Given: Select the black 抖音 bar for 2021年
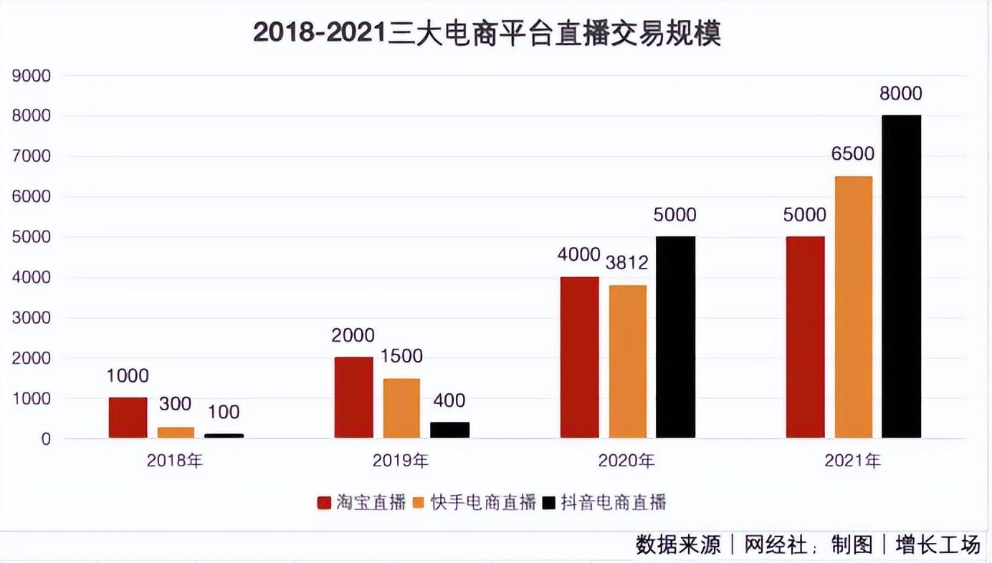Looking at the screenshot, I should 901,276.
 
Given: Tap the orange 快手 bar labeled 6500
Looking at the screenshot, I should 854,307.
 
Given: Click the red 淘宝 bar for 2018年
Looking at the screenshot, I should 128,418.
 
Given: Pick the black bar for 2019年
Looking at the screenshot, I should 449,430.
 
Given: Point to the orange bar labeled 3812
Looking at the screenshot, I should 628,361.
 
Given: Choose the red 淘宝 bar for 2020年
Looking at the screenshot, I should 579,357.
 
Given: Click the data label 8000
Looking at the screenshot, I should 901,94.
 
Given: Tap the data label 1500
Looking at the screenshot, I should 402,356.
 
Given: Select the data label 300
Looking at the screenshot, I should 176,404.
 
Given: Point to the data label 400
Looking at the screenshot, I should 449,400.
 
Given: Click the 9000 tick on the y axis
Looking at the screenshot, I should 32,76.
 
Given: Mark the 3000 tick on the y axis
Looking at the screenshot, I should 32,318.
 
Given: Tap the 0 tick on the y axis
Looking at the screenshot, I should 46,439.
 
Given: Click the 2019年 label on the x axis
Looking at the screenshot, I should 401,461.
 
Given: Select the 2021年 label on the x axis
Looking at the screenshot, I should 852,461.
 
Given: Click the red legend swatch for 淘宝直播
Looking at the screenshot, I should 324,502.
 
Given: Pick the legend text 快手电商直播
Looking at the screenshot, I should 483,502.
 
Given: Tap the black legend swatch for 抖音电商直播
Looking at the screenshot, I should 549,502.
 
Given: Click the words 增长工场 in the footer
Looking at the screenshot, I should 938,545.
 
